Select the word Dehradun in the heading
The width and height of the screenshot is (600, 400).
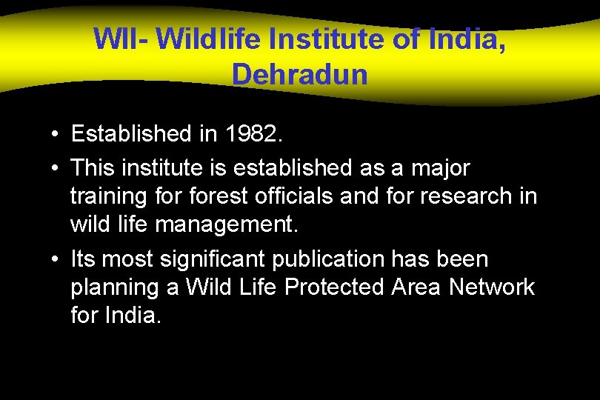click(x=299, y=74)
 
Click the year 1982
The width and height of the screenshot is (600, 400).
click(x=256, y=134)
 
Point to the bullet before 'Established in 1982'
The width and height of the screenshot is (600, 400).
click(x=56, y=135)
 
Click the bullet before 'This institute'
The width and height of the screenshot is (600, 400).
click(x=56, y=169)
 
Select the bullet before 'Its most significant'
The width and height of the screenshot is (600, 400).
click(x=56, y=260)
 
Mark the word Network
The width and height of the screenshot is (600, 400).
click(x=491, y=287)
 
